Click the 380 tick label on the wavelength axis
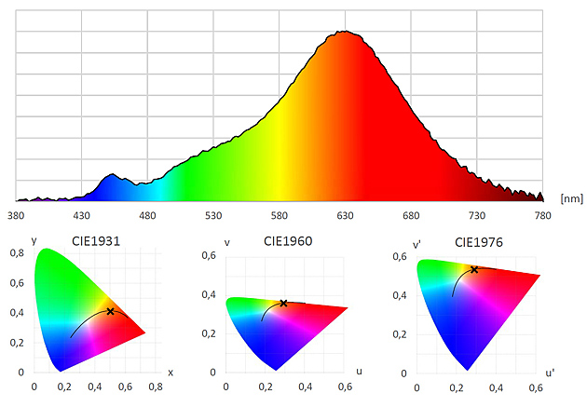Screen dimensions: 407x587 coord(15,215)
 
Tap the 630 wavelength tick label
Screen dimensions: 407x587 coord(345,215)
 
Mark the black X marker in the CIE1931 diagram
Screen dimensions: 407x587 coord(110,311)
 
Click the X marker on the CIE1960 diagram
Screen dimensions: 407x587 coord(283,303)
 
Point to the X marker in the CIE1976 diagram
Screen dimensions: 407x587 coord(474,269)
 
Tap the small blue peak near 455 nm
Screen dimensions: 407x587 coord(113,174)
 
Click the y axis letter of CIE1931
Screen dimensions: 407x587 coord(34,241)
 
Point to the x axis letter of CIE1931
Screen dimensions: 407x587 coord(170,371)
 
